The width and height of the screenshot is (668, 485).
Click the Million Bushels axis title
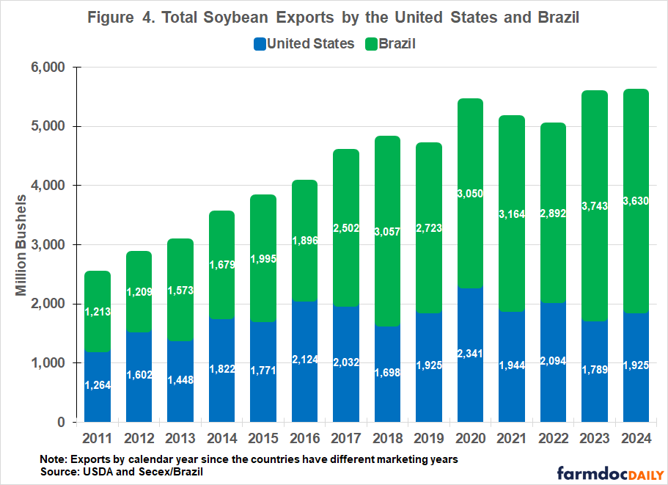coord(22,244)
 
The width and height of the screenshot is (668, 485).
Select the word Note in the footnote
coord(54,459)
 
